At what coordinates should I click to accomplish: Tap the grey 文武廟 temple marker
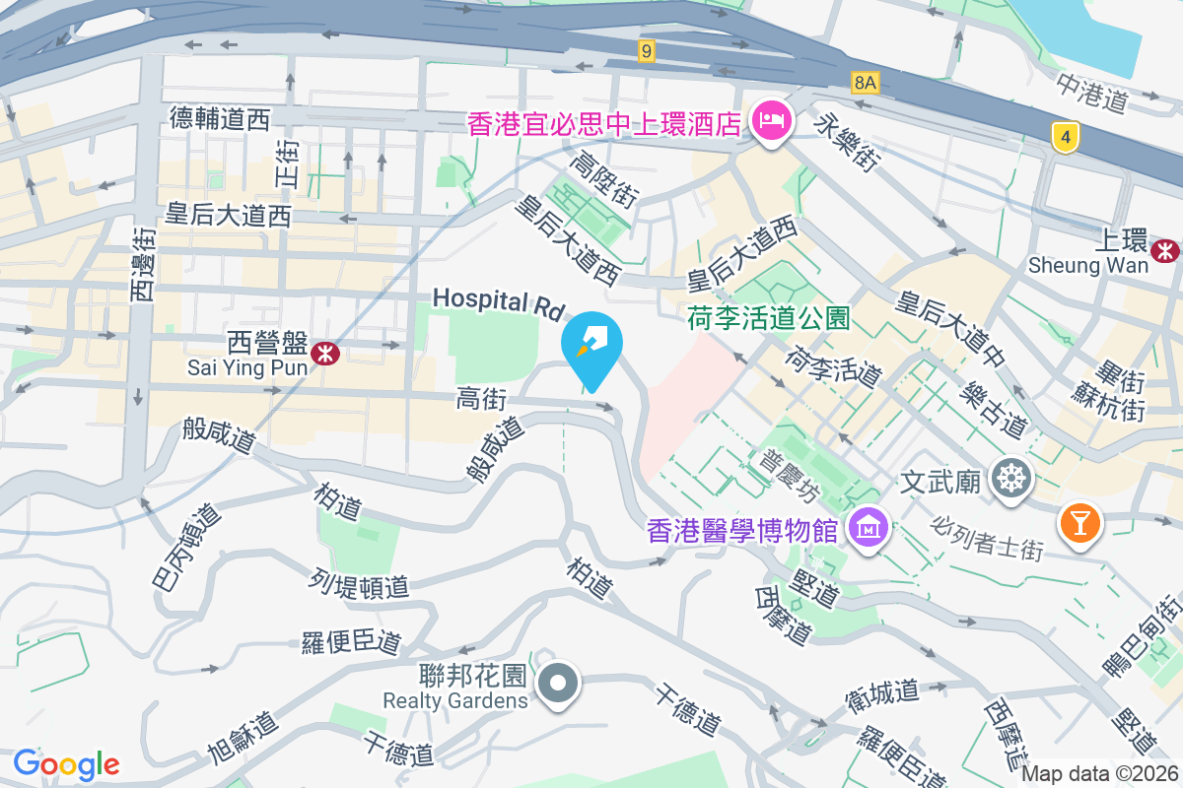[1011, 480]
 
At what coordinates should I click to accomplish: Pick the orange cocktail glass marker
[1079, 521]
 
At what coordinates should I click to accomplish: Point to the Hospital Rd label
[497, 301]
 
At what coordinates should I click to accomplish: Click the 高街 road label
[481, 399]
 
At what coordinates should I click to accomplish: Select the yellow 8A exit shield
[865, 83]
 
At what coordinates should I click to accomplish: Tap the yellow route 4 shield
[1064, 137]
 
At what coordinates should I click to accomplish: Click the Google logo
[66, 764]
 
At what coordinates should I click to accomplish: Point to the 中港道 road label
[1090, 92]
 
